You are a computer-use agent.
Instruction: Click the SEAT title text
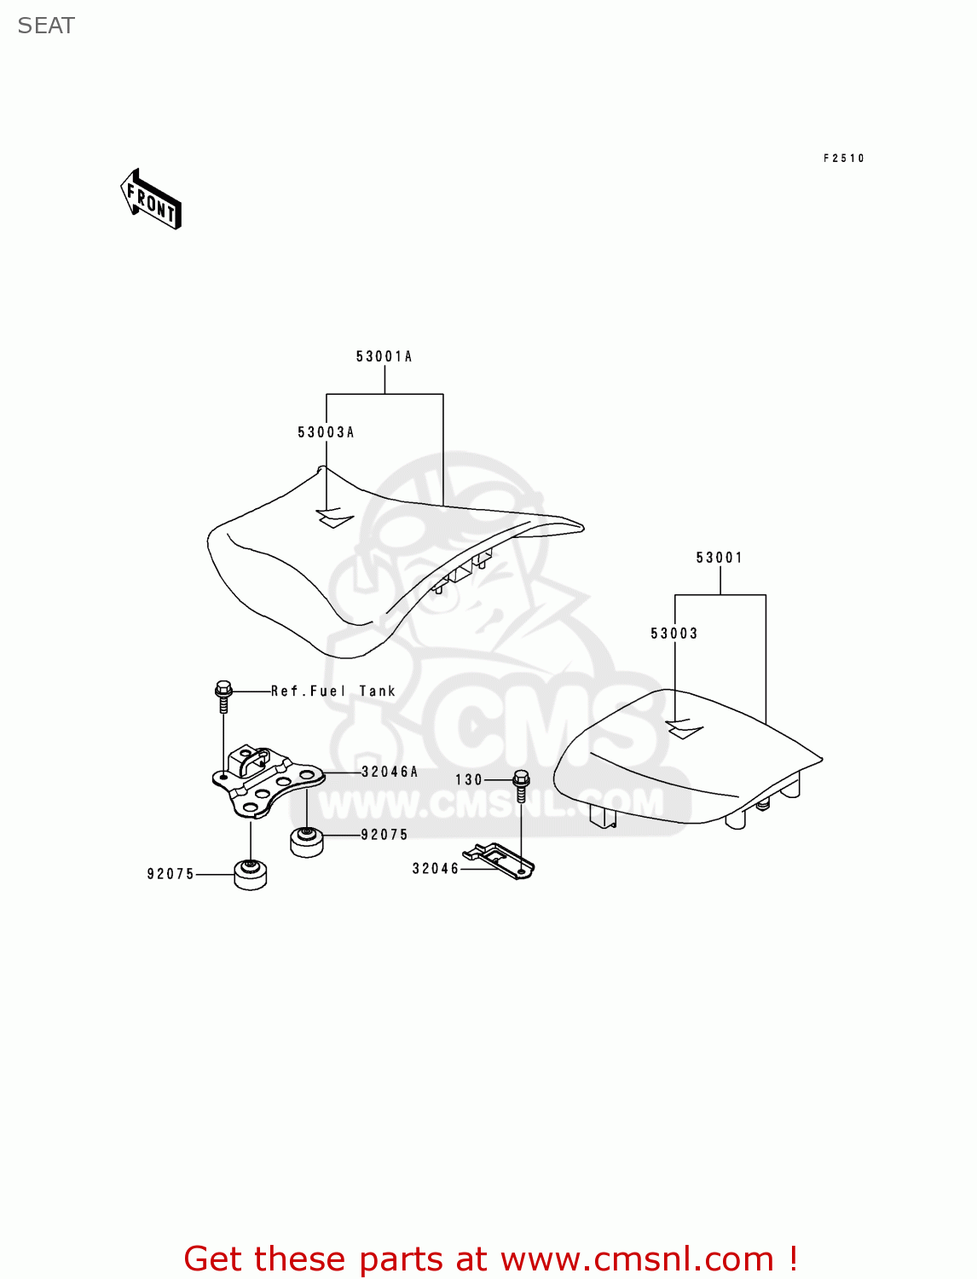[46, 26]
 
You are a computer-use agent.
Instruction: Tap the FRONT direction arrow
[152, 200]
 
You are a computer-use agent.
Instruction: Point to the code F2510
[843, 159]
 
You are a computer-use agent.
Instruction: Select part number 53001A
[384, 356]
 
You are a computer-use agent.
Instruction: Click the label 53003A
[326, 432]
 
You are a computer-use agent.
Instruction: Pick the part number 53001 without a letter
[719, 558]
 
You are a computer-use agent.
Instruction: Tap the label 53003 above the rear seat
[673, 634]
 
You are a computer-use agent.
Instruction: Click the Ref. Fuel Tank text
[333, 692]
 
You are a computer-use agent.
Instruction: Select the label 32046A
[390, 772]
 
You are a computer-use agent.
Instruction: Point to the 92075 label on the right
[384, 835]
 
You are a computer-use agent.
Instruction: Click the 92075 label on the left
[171, 874]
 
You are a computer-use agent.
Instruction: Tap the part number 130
[469, 780]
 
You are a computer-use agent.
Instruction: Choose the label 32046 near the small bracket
[436, 869]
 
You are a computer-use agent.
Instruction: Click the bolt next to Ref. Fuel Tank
[223, 695]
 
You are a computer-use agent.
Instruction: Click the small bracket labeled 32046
[500, 860]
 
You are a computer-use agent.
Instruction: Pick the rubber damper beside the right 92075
[306, 841]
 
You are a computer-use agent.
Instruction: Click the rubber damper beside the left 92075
[251, 875]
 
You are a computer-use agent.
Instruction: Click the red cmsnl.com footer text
[490, 1259]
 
